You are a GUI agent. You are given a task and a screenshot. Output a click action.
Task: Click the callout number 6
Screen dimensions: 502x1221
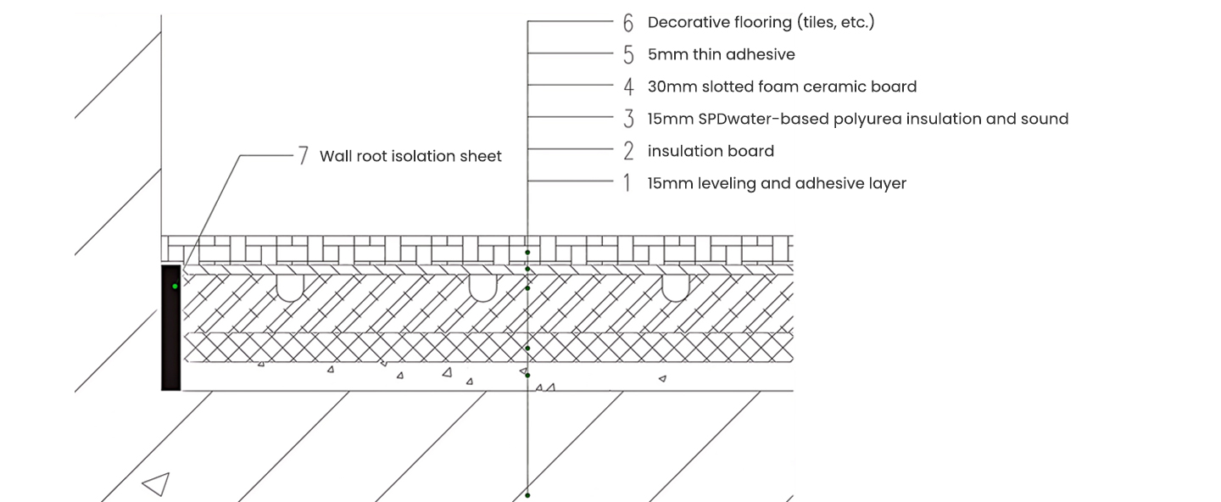tap(628, 23)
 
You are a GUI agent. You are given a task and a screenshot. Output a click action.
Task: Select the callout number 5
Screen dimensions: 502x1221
tap(628, 55)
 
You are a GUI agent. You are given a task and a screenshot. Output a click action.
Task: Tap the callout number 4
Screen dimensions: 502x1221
tap(628, 87)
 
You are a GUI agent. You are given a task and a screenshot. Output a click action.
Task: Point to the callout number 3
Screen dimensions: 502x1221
tap(628, 120)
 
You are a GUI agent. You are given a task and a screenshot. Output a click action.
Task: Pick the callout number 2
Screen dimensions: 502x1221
tap(628, 152)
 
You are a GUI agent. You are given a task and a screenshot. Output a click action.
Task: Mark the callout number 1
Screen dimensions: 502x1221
tap(627, 184)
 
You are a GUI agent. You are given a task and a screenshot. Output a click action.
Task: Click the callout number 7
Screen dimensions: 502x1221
tap(303, 156)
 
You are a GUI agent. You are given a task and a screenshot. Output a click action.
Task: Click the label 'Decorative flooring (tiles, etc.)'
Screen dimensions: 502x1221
tap(761, 22)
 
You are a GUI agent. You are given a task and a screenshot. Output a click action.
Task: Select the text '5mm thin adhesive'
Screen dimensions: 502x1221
tap(721, 54)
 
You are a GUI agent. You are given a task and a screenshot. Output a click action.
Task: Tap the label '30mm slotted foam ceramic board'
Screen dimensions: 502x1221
tap(782, 86)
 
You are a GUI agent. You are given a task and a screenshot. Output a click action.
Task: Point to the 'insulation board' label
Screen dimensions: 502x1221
tap(711, 151)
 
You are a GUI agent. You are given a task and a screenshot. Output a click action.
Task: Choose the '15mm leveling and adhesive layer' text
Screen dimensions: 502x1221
tap(777, 183)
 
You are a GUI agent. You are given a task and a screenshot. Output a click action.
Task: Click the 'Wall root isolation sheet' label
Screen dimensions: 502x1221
tap(410, 156)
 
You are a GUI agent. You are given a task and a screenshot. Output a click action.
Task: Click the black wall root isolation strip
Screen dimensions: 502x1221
tap(171, 339)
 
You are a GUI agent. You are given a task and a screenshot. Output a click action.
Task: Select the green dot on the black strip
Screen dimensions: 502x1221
tap(176, 287)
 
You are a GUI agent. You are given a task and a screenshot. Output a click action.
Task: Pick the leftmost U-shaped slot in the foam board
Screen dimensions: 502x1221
tap(290, 287)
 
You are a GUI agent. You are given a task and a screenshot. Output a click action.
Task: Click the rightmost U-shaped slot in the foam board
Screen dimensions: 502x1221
tap(675, 287)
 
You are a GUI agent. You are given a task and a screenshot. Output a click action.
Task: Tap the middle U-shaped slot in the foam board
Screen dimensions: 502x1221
tap(482, 287)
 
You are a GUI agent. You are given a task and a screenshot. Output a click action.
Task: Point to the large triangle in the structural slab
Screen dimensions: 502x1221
tap(157, 484)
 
